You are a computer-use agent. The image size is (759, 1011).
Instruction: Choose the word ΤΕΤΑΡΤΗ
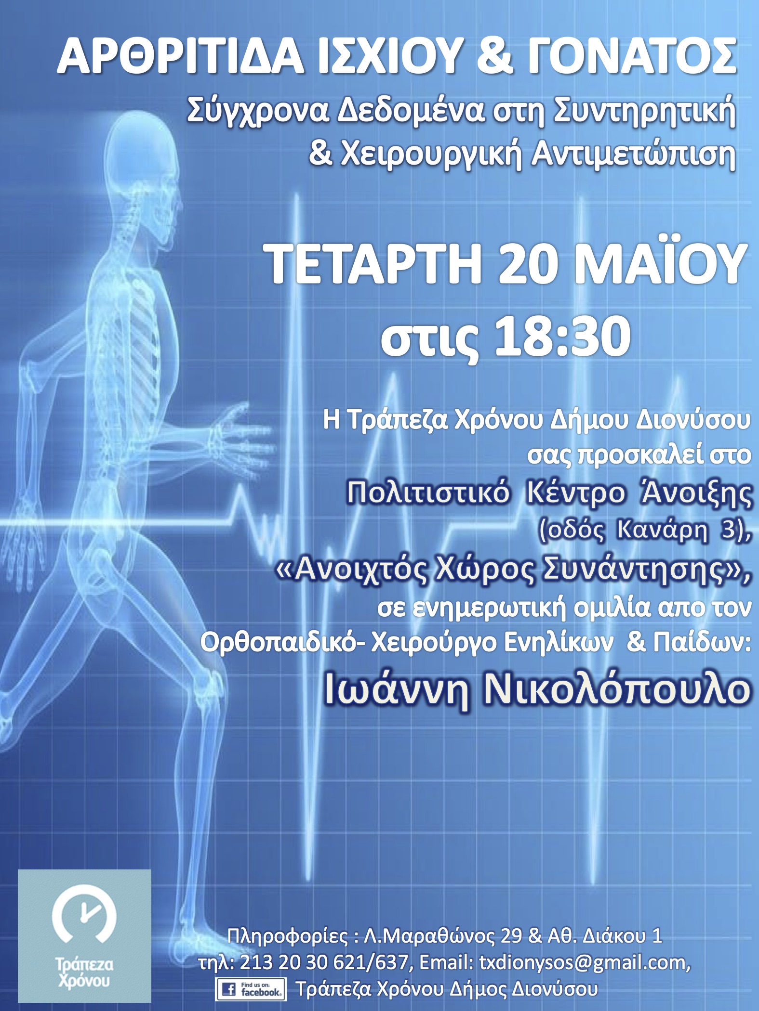(375, 265)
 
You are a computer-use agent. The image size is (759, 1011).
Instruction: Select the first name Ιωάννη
(397, 690)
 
